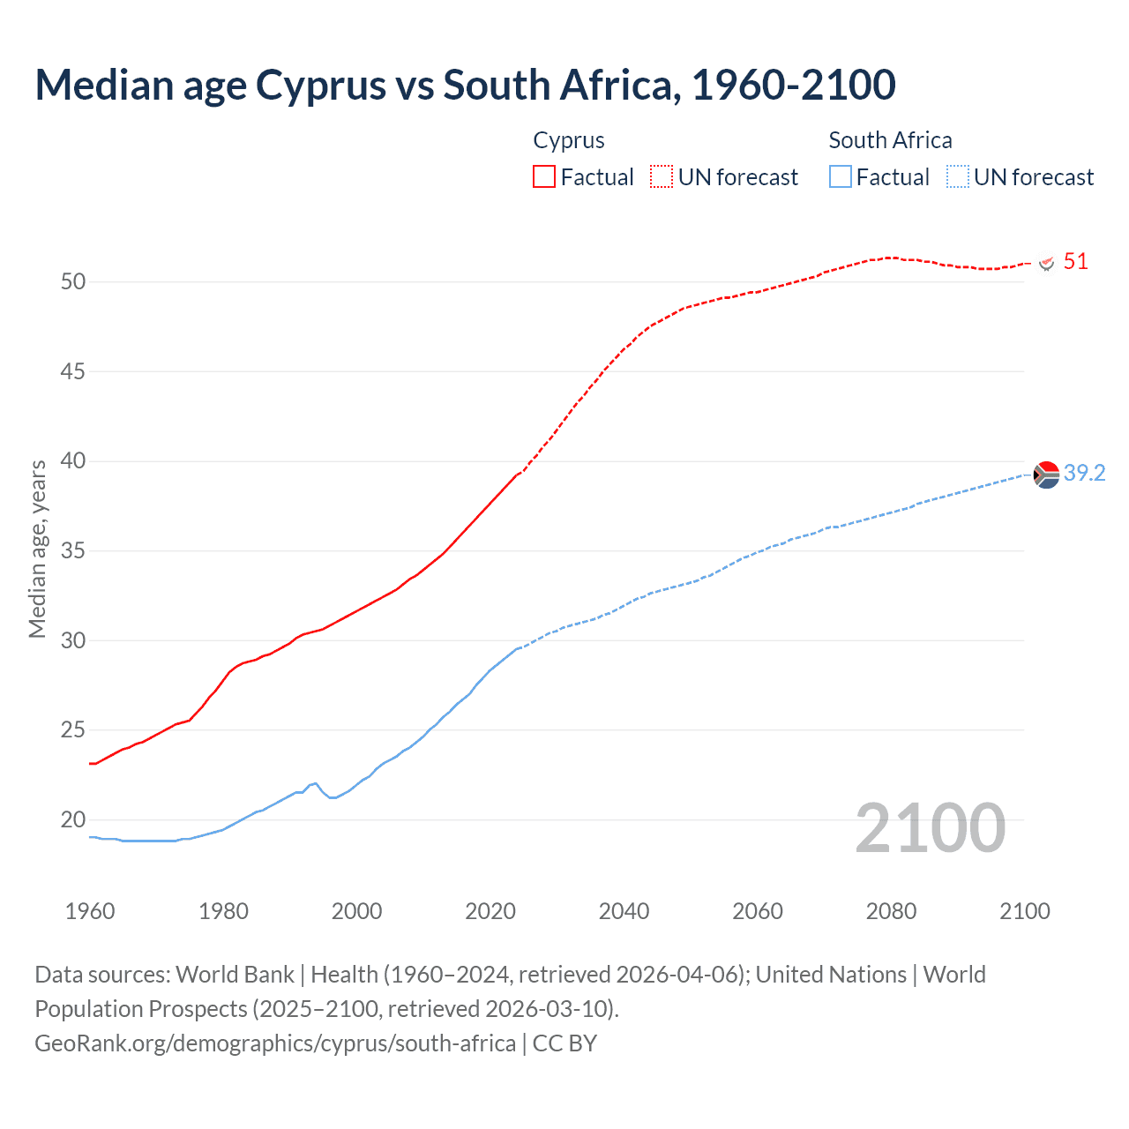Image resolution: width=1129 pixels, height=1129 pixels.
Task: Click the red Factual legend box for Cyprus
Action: (544, 176)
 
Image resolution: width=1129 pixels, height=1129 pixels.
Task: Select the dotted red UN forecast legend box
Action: (662, 176)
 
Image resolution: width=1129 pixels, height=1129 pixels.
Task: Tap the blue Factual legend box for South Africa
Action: (841, 176)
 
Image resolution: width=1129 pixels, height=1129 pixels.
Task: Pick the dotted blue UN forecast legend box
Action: (958, 176)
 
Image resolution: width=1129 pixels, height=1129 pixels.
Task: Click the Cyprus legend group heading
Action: (569, 140)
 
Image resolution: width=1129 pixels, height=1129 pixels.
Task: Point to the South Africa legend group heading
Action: (890, 140)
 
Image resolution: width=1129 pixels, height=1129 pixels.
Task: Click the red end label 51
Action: (1075, 261)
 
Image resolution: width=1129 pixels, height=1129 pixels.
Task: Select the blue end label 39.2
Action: (1084, 473)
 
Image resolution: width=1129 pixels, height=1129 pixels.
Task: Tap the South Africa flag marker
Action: (1046, 475)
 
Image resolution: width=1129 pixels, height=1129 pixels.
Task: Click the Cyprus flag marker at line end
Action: (1047, 263)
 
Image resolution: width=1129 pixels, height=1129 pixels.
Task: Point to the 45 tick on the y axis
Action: (73, 371)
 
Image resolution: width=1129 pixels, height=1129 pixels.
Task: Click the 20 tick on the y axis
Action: (73, 819)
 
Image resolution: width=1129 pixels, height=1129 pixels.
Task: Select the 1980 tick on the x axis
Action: (223, 911)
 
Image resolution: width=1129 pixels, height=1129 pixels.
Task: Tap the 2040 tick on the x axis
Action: (624, 911)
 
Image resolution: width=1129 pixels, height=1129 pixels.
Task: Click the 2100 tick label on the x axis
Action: (1024, 911)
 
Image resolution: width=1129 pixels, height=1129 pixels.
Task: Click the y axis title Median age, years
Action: (37, 549)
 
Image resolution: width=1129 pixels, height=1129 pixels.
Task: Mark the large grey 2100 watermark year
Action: (930, 827)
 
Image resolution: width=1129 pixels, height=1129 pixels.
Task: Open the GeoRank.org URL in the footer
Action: (275, 1043)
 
